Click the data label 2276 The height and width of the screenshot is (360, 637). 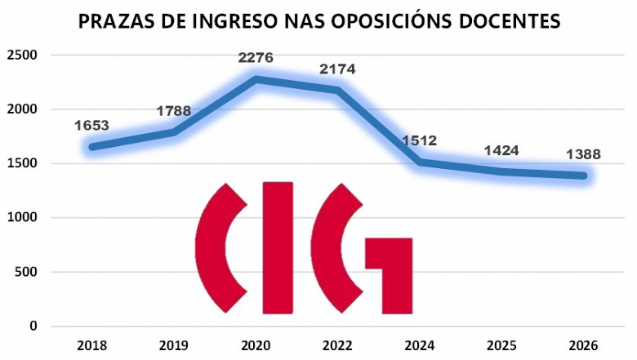[x=256, y=58]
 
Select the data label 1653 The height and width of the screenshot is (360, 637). [x=91, y=126]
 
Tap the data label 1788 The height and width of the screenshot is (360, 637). [x=173, y=111]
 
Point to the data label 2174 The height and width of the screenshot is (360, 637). [x=337, y=69]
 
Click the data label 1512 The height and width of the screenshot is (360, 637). [x=420, y=140]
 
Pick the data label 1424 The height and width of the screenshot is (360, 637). [x=501, y=151]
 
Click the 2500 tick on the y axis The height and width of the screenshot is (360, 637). [x=23, y=56]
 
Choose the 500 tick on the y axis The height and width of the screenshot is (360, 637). [x=27, y=272]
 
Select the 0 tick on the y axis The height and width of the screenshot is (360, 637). [x=33, y=326]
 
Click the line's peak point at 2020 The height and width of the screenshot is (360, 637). [x=256, y=79]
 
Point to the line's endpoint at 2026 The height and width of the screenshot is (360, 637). [x=583, y=176]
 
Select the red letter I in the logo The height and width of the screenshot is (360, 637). [x=277, y=247]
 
